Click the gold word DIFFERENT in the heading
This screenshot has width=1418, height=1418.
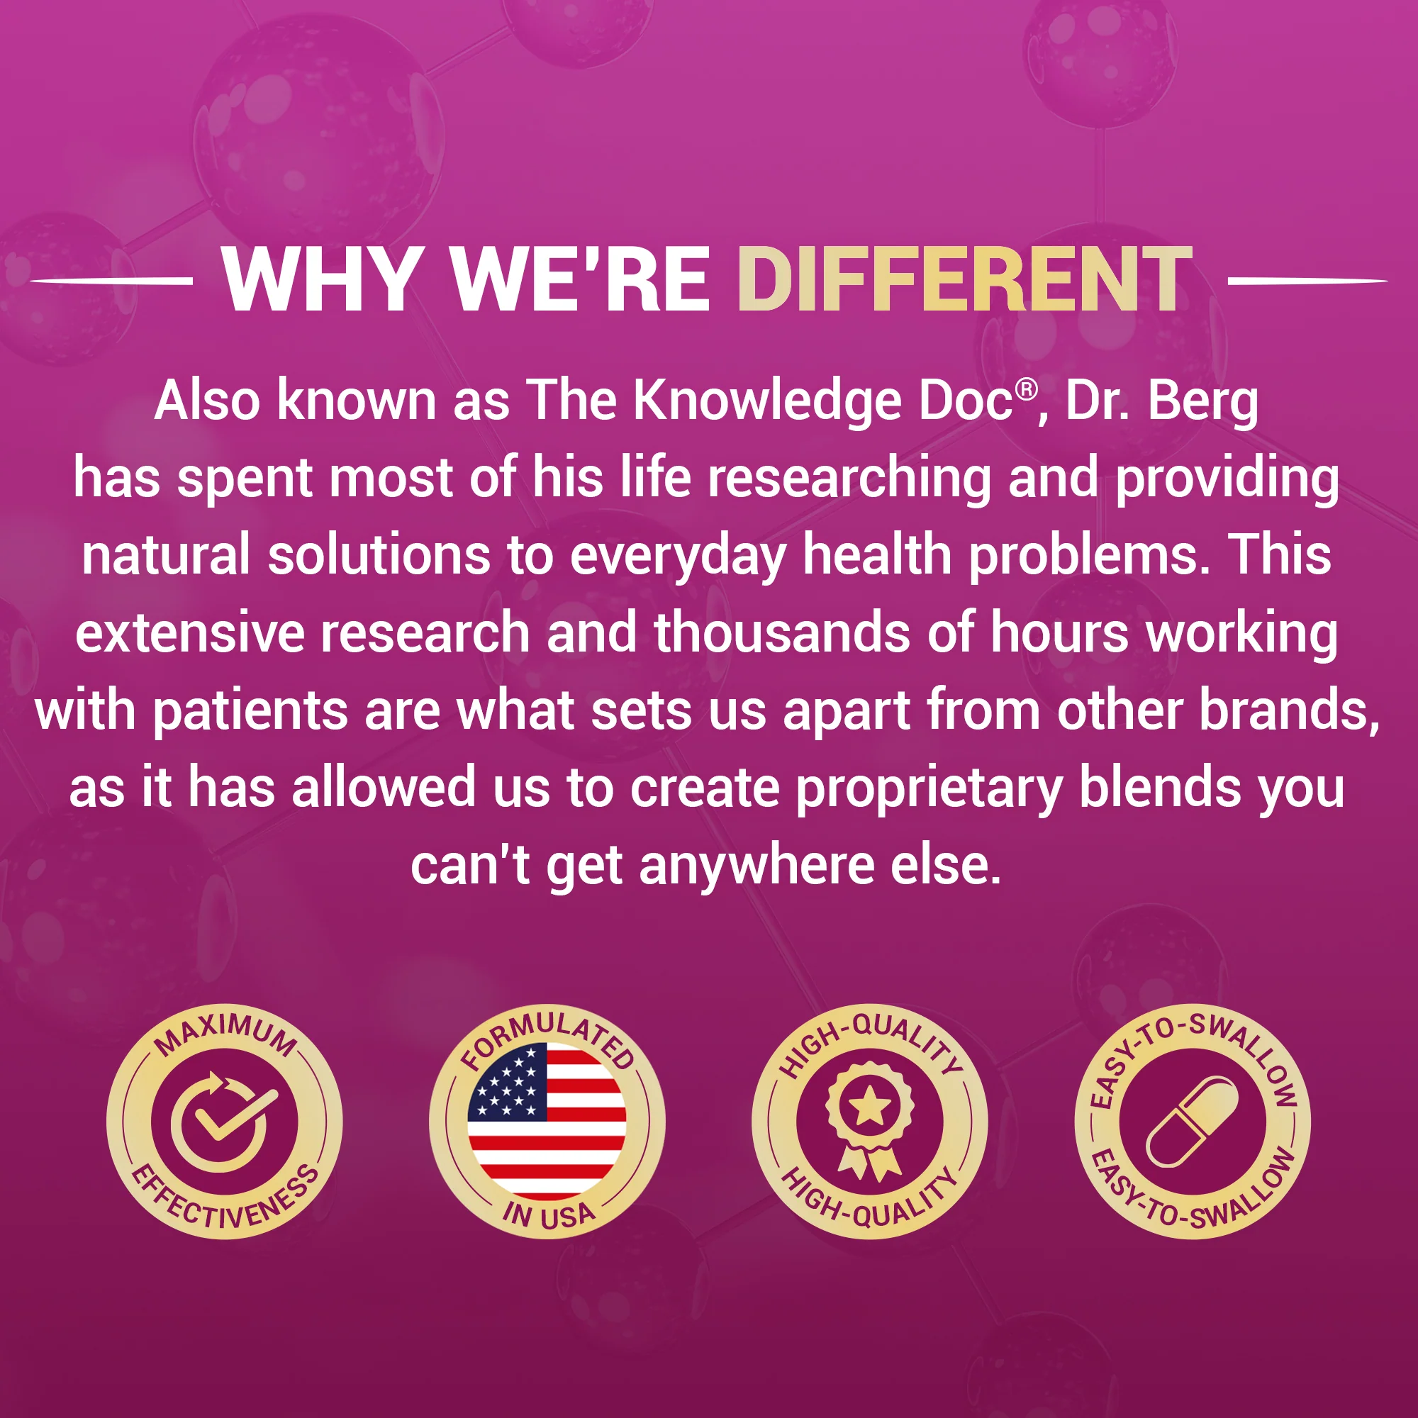coord(964,279)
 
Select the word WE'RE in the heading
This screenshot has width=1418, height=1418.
coord(580,279)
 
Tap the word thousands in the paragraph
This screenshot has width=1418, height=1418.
coord(781,632)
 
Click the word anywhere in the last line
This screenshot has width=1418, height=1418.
coord(757,868)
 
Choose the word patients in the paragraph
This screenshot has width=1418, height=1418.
coord(250,713)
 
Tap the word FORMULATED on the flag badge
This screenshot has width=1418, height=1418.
coord(547,1038)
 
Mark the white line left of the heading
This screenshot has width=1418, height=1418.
coord(111,280)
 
